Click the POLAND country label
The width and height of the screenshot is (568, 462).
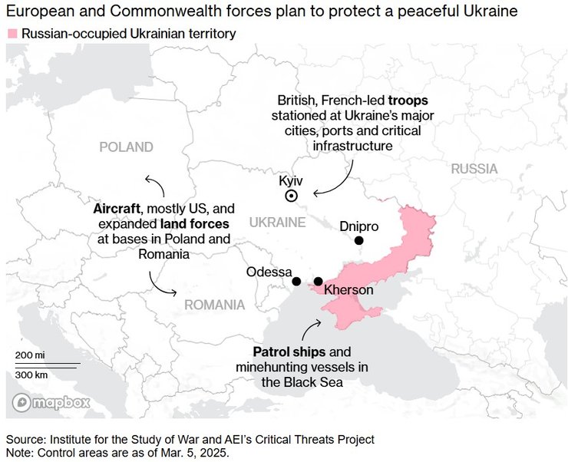pos(126,147)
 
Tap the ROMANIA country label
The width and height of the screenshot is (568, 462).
pos(214,305)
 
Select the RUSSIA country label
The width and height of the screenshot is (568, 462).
pos(474,169)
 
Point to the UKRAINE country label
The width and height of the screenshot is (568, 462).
pos(277,222)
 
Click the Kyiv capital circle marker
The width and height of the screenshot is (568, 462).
pos(292,196)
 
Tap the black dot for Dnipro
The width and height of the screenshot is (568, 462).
pos(358,241)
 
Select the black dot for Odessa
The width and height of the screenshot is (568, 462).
pos(297,282)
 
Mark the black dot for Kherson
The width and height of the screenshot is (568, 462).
pos(319,282)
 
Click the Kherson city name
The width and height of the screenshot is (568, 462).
pos(348,290)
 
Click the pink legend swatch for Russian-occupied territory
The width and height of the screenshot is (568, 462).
pos(12,34)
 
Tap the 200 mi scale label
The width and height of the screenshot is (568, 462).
pos(30,355)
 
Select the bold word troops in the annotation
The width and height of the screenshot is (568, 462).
pos(408,101)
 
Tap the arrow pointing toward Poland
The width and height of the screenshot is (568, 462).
pos(153,185)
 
